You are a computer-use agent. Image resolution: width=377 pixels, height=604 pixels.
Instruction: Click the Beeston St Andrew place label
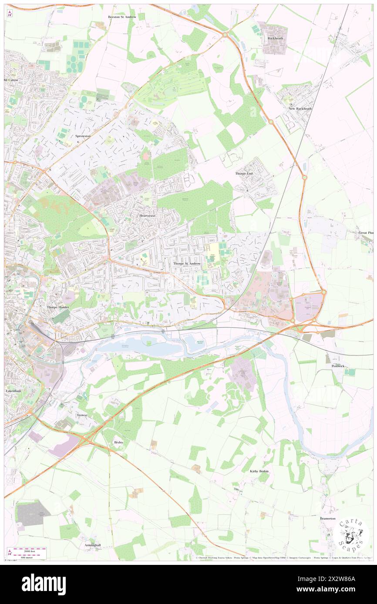122,17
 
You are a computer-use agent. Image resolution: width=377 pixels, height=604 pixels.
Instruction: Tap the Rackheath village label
275,38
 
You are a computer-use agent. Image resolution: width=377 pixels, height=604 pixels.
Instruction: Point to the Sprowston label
81,136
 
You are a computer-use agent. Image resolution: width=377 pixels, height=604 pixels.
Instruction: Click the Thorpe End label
244,173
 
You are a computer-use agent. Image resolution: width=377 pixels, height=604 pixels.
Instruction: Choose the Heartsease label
147,216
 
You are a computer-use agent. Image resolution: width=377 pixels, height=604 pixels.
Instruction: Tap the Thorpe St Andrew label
187,263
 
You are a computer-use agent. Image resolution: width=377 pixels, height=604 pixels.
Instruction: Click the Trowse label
82,415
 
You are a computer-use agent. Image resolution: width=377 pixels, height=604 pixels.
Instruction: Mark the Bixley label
118,442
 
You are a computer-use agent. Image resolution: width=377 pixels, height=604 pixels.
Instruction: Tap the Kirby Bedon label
259,471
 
